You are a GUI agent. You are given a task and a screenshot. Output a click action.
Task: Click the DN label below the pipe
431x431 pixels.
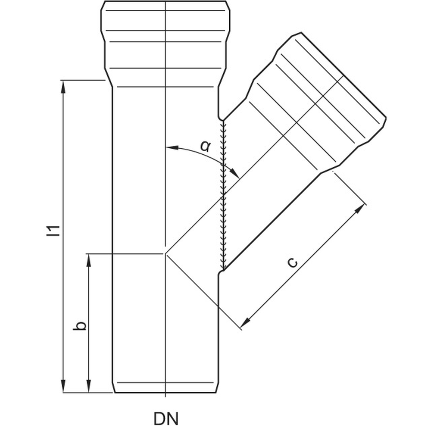coord(166,419)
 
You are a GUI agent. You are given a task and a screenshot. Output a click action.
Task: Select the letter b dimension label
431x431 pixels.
coord(80,325)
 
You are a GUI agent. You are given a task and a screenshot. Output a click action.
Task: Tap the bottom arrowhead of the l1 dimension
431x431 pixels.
coord(63,386)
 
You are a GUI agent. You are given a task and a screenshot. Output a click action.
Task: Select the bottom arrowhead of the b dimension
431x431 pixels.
coord(88,386)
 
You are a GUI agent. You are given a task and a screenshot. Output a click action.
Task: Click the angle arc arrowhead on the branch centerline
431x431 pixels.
coord(234,173)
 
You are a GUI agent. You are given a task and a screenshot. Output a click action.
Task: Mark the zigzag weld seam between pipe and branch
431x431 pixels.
coord(224,195)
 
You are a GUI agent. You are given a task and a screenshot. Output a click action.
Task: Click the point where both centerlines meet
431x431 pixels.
coord(165,253)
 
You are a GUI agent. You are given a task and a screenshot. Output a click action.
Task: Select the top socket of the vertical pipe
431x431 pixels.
coord(165,44)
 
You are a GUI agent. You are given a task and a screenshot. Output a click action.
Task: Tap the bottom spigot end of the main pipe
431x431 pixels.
coord(165,387)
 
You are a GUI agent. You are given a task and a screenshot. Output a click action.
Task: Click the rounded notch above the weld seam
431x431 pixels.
coord(220,118)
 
